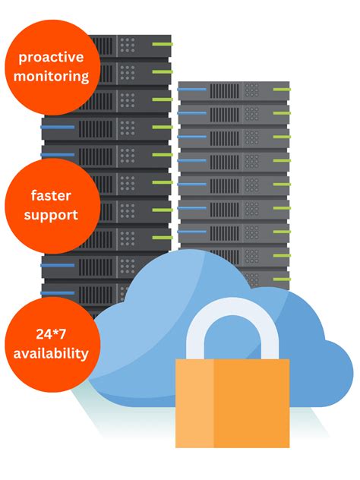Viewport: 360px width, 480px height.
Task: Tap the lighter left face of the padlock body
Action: pyautogui.click(x=194, y=403)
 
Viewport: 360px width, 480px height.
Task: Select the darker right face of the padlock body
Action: pyautogui.click(x=251, y=403)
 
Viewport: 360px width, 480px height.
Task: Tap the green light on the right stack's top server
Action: pyautogui.click(x=279, y=92)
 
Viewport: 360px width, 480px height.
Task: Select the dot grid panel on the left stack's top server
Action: pyautogui.click(x=127, y=44)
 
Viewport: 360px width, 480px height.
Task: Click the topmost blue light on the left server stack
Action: pyautogui.click(x=57, y=127)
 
